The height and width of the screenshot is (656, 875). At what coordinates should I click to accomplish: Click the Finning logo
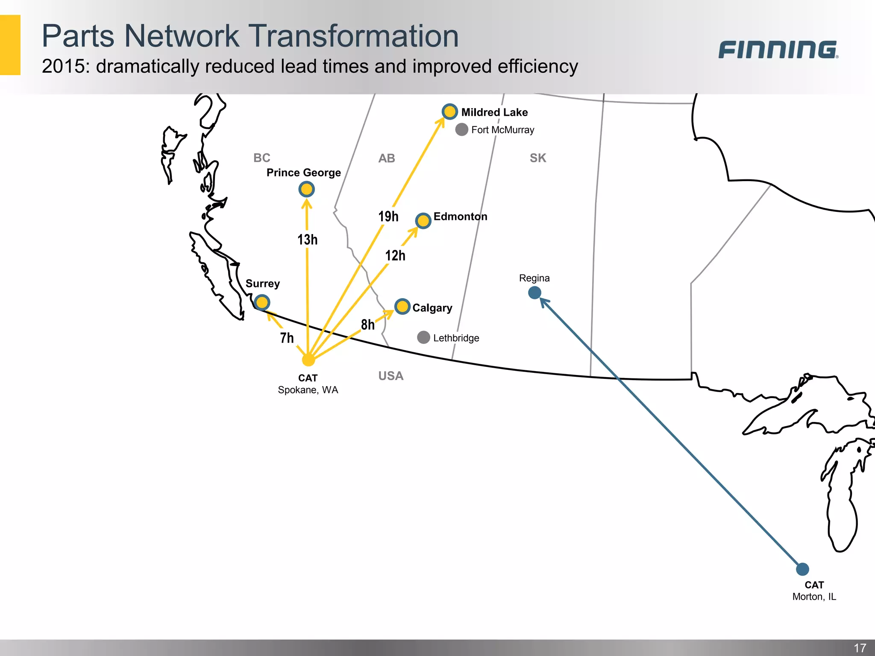tap(778, 50)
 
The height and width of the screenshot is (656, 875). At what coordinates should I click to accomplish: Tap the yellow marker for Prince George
tap(306, 189)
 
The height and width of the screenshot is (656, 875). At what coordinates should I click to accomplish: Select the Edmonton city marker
tap(423, 221)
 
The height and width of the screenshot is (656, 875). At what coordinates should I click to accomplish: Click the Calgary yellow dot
tap(402, 306)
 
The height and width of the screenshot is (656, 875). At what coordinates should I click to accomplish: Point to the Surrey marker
tap(262, 302)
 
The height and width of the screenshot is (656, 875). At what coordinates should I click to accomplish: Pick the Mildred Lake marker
tap(449, 111)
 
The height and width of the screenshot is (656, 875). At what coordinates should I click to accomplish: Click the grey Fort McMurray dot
tap(461, 129)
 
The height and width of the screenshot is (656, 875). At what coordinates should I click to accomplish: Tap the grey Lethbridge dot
tap(423, 337)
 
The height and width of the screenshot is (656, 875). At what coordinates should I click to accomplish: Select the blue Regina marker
tap(534, 293)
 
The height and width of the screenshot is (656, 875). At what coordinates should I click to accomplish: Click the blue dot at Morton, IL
tap(802, 569)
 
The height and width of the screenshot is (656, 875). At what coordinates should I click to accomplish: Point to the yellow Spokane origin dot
tap(308, 360)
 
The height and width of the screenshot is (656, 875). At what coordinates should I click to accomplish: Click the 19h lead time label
tap(388, 217)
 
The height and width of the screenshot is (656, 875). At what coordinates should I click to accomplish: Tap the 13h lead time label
tap(308, 240)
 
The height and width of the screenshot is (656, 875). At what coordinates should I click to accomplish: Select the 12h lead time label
tap(395, 255)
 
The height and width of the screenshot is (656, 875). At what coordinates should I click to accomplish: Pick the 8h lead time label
tap(367, 325)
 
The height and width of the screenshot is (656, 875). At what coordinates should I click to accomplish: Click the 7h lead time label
tap(287, 338)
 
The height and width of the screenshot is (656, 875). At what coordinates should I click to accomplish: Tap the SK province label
tap(538, 158)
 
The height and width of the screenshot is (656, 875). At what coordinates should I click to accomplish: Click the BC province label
tap(262, 158)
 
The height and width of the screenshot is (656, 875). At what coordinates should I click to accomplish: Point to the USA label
tap(391, 376)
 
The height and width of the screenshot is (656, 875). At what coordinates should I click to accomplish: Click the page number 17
tap(860, 647)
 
